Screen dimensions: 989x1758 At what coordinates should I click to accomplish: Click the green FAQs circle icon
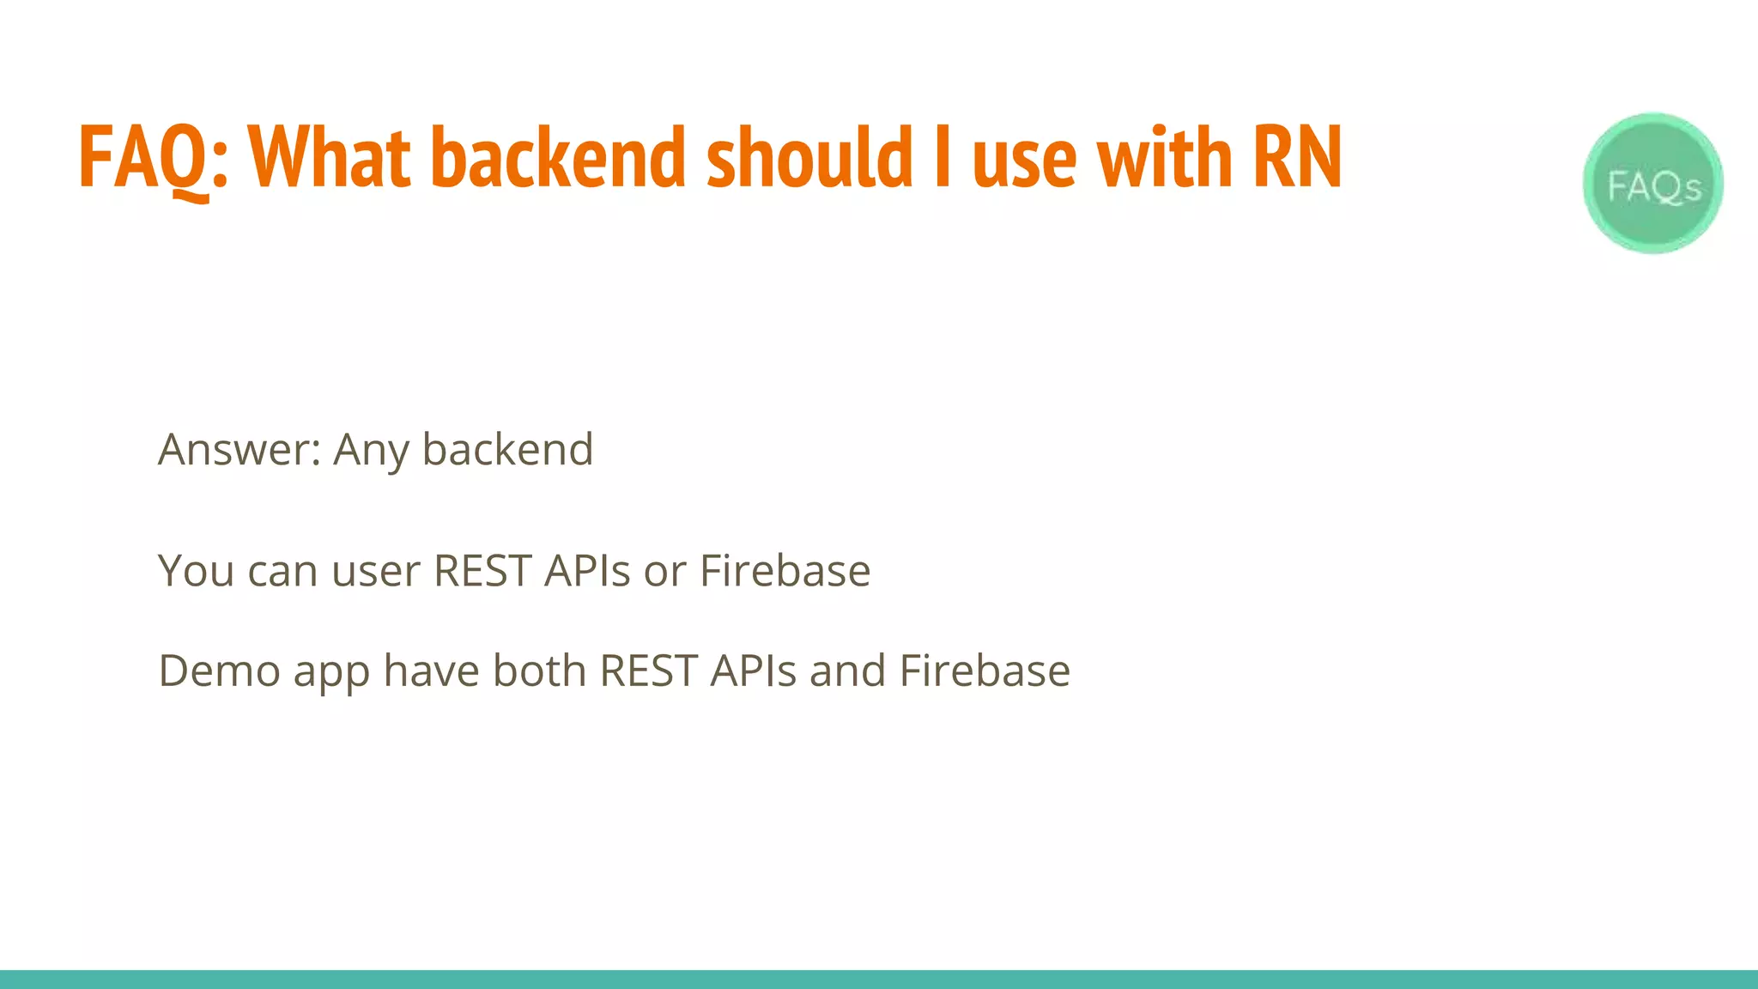click(1652, 183)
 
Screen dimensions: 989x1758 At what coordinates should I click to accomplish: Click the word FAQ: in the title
click(153, 159)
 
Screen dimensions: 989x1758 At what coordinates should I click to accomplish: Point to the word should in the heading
click(809, 159)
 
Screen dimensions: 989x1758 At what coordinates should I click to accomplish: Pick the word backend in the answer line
click(507, 450)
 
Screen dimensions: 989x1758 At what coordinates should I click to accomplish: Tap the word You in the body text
click(196, 572)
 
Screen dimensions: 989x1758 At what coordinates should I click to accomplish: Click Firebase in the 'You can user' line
click(785, 572)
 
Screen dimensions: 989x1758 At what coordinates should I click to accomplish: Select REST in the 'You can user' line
click(482, 572)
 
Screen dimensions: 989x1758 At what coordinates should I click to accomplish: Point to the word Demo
click(219, 671)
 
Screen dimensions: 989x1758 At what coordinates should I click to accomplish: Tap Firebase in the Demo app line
click(985, 671)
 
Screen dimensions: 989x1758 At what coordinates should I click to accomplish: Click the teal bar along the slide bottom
click(879, 980)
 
